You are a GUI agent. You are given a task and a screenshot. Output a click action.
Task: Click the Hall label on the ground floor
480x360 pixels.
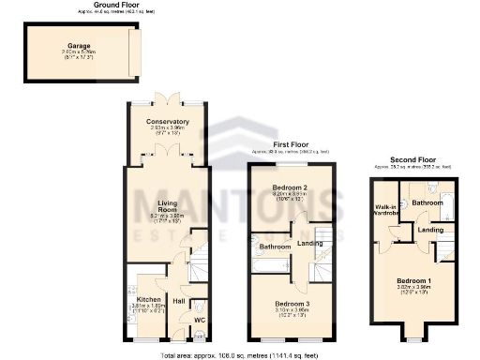[178, 301]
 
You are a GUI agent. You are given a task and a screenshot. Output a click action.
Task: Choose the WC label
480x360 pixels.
[199, 320]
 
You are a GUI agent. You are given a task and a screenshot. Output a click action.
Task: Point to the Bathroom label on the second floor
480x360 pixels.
[427, 202]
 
